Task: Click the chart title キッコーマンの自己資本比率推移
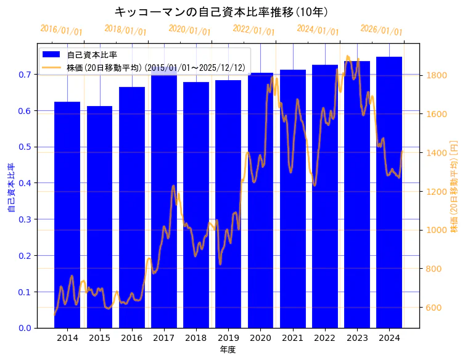221,12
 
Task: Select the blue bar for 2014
67,216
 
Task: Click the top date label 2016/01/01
61,30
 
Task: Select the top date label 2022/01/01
253,30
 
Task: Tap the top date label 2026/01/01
381,30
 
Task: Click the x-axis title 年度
228,350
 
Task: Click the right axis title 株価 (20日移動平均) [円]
454,185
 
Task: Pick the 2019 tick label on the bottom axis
228,338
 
